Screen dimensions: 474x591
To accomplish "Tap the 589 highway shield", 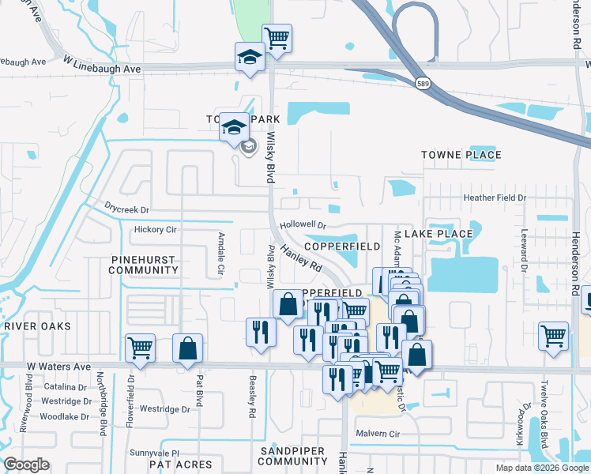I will tap(424, 84).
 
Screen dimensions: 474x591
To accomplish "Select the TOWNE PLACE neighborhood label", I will tap(461, 155).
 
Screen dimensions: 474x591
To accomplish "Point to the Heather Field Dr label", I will tap(495, 197).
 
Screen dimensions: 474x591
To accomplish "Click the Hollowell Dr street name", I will tap(303, 225).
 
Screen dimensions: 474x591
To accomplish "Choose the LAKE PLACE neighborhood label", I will tap(439, 234).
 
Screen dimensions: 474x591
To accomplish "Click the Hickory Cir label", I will tap(155, 230).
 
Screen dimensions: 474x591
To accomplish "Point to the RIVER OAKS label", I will tap(36, 326).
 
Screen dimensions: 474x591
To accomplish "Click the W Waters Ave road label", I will tap(60, 367).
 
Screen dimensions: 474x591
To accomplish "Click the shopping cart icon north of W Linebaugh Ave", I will tap(277, 37).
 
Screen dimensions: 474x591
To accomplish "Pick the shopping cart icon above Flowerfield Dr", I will tap(140, 348).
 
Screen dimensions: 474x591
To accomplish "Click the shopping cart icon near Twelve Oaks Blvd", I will tap(553, 334).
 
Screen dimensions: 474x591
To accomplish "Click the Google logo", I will tap(27, 465).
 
